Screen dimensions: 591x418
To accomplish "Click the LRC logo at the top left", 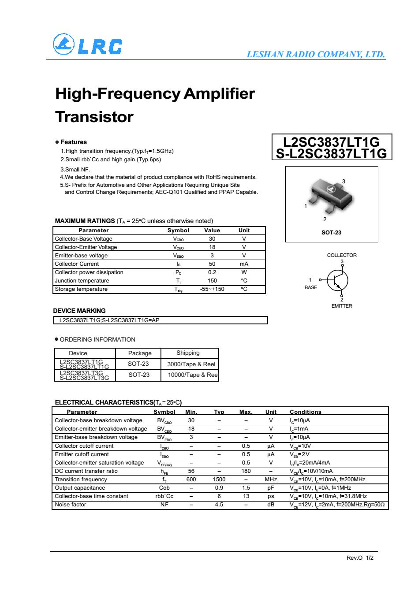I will tap(87, 45).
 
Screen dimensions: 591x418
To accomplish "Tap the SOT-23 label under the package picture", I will tap(331, 232).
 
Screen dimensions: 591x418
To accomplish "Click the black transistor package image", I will tap(331, 193).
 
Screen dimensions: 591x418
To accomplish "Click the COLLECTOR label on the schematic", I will tap(342, 255).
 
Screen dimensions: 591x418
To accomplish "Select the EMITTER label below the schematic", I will tap(342, 306).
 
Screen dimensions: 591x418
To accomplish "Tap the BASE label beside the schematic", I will tap(311, 287).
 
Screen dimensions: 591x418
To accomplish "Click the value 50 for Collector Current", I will tap(212, 264).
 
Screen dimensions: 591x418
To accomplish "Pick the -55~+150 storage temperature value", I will tap(212, 289).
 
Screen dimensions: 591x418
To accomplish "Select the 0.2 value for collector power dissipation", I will tap(212, 272).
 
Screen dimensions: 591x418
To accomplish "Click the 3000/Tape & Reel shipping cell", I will tap(191, 364).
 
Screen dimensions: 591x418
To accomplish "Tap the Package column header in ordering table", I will tap(140, 353).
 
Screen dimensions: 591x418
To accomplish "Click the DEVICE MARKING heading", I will tap(79, 311).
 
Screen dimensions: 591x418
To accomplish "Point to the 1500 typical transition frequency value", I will tap(219, 479).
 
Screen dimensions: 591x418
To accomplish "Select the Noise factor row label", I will tap(71, 505).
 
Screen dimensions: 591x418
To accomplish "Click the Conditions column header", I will tap(306, 412).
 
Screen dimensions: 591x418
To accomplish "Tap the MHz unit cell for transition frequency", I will tap(271, 479).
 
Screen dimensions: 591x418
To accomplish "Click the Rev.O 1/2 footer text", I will tap(360, 558).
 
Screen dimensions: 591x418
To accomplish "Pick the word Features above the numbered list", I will tap(74, 142).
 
